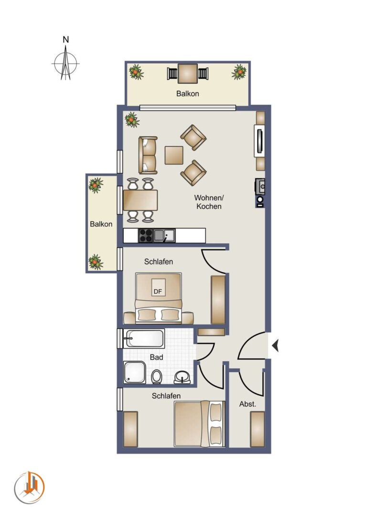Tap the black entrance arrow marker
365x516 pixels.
276,345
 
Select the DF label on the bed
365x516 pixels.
158,291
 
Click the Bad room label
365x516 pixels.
156,357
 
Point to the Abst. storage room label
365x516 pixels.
247,404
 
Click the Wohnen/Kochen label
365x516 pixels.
209,202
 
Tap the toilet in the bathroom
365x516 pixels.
157,377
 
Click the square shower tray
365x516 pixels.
135,372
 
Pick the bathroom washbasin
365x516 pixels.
182,377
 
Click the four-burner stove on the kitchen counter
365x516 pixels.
146,235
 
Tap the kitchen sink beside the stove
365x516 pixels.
164,235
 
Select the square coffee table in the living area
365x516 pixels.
174,155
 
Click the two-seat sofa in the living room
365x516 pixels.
148,155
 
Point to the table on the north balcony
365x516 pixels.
188,74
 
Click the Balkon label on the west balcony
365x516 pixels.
101,224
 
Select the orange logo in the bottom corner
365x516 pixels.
29,487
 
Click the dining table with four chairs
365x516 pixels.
140,200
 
